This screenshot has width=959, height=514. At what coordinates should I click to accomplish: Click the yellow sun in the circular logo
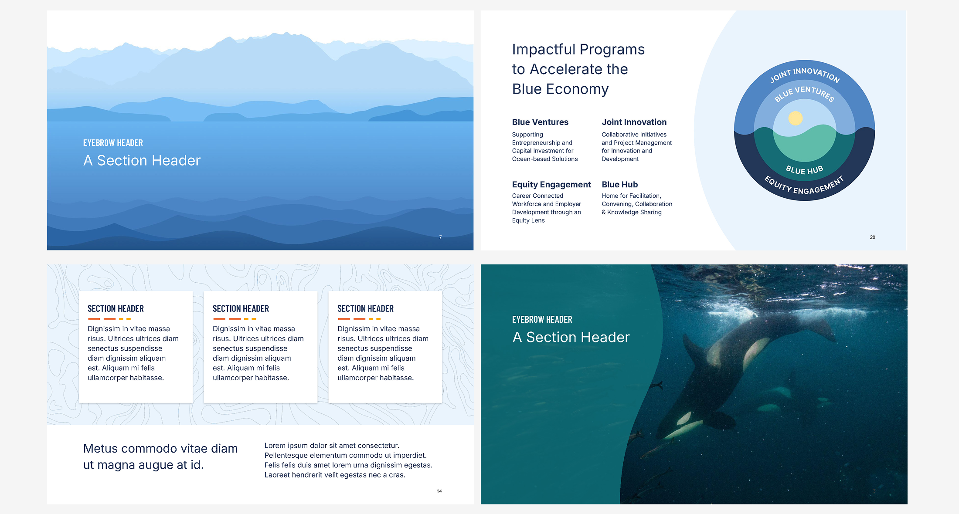796,118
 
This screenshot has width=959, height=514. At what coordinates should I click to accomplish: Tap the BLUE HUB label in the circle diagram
804,169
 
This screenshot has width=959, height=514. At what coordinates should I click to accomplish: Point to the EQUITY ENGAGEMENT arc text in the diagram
804,186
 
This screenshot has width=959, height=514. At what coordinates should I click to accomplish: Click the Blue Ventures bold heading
540,122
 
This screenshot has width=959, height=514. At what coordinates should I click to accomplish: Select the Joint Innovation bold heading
634,122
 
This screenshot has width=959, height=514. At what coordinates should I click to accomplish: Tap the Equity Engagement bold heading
551,184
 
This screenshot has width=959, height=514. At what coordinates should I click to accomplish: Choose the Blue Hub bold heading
619,184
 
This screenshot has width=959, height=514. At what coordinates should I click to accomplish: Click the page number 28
872,237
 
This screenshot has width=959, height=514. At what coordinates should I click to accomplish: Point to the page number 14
439,491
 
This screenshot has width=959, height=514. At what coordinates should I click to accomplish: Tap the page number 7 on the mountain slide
440,237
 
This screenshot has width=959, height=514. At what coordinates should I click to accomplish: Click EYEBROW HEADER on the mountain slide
113,143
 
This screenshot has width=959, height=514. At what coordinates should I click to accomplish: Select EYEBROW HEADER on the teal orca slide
542,319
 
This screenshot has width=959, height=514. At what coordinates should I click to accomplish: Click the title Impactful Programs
578,50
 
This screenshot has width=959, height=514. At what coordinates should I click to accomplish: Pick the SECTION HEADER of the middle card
241,309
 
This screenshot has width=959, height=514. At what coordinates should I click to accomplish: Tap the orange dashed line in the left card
109,319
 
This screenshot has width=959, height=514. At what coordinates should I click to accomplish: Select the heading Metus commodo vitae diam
160,448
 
